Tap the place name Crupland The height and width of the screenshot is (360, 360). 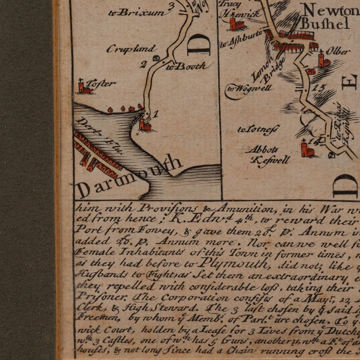131,49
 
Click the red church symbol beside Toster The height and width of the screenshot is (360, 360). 84,87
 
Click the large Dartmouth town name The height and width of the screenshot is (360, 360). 130,177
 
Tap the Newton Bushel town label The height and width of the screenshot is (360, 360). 326,18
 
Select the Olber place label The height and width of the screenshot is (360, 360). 338,51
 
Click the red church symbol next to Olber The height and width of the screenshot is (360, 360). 323,59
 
